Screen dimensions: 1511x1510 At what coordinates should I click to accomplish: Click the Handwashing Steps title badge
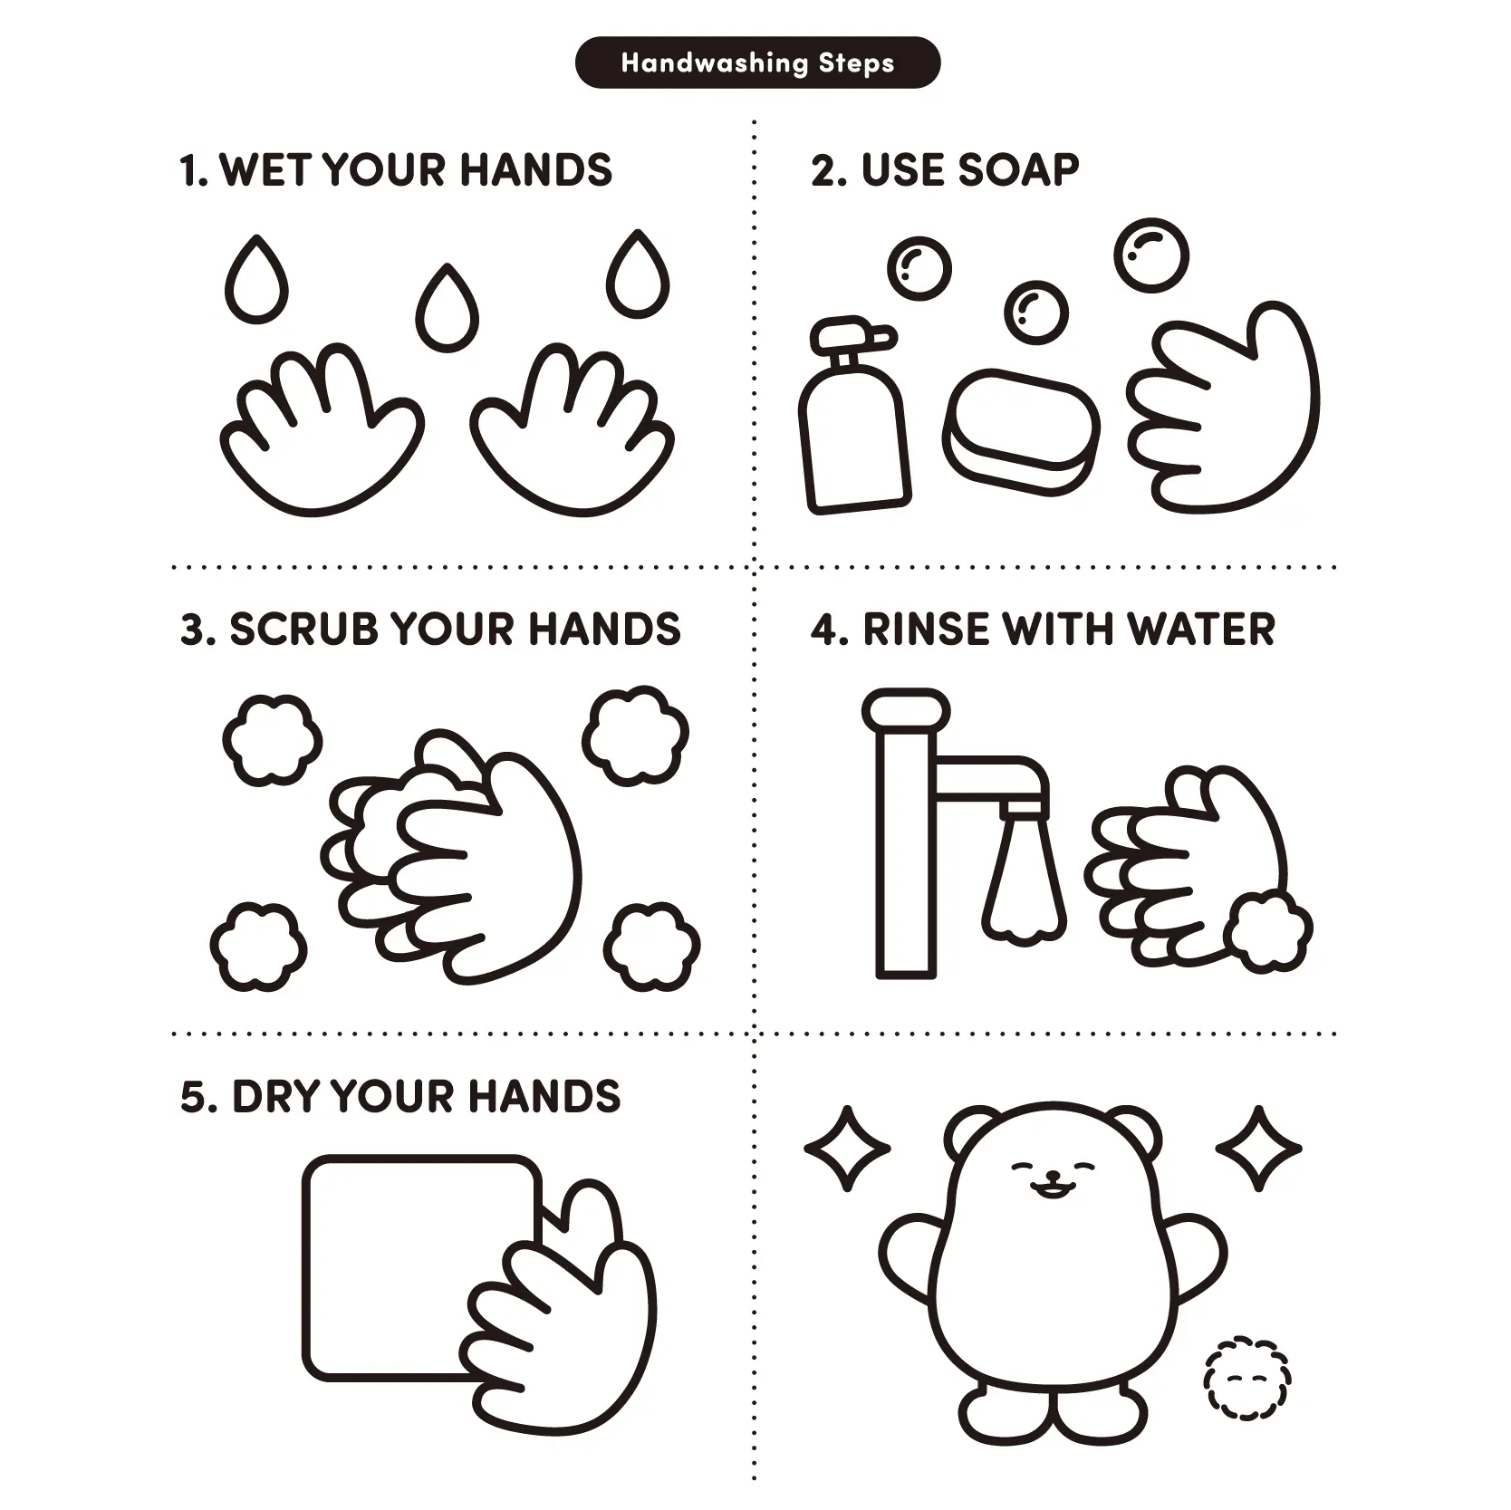pyautogui.click(x=757, y=63)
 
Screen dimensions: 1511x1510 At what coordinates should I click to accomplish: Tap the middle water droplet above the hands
pyautogui.click(x=447, y=307)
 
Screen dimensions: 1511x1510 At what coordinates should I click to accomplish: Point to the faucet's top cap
pyautogui.click(x=906, y=708)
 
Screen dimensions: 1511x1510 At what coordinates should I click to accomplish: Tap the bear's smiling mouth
pyautogui.click(x=1051, y=1184)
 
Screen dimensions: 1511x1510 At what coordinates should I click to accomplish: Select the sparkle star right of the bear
pyautogui.click(x=1258, y=1148)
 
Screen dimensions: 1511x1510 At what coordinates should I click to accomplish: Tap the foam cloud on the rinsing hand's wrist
pyautogui.click(x=1267, y=931)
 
